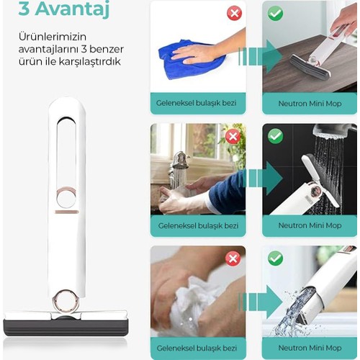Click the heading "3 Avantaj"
pyautogui.click(x=64, y=9)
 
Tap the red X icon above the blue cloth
pyautogui.click(x=235, y=13)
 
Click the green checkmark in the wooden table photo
pyautogui.click(x=275, y=13)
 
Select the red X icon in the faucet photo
pyautogui.click(x=233, y=136)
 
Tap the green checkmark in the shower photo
pyautogui.click(x=275, y=136)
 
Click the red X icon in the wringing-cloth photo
pyautogui.click(x=233, y=258)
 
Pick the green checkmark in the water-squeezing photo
pyautogui.click(x=275, y=258)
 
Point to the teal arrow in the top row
pyautogui.click(x=261, y=56)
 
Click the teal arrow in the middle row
pyautogui.click(x=263, y=178)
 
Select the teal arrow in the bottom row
pyautogui.click(x=261, y=302)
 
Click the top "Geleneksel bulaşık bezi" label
pyautogui.click(x=197, y=103)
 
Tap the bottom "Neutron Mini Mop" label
pyautogui.click(x=310, y=348)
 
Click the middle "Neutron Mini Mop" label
pyautogui.click(x=310, y=225)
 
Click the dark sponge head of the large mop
pyautogui.click(x=66, y=328)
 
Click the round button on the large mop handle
pyautogui.click(x=66, y=197)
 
